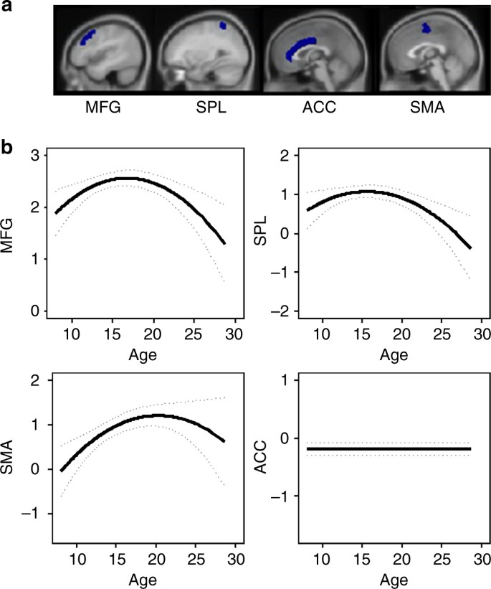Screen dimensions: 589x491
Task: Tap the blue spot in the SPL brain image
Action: (223, 27)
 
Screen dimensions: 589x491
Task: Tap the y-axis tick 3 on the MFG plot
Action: (34, 156)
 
